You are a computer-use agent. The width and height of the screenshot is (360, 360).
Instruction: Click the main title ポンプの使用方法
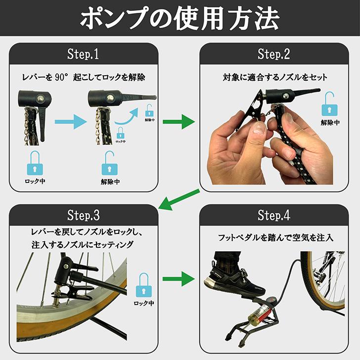click(180, 18)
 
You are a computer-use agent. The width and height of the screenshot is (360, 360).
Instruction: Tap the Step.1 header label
click(83, 54)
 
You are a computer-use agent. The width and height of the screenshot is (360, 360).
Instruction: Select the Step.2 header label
click(273, 54)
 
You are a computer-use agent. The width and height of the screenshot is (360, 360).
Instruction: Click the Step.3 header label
click(83, 215)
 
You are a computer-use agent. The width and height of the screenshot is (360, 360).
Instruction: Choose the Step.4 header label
click(273, 215)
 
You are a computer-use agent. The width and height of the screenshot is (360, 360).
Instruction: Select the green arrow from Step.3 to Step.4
click(179, 279)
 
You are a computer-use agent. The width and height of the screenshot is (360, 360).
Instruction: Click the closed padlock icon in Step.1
click(34, 163)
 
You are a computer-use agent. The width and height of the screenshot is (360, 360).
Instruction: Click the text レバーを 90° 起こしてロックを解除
click(84, 78)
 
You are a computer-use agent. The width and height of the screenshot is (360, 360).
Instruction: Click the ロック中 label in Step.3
click(144, 303)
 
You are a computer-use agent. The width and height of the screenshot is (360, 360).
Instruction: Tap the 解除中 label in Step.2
click(330, 123)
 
